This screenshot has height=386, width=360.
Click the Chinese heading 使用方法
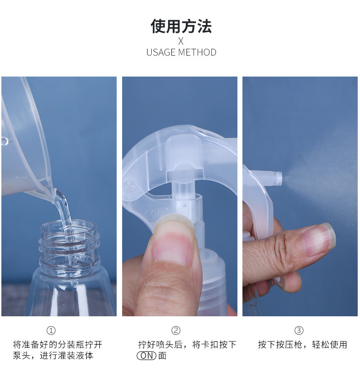181,26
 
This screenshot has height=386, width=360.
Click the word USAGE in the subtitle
161,52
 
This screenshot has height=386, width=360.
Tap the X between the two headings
181,41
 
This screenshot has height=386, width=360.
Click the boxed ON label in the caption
147,356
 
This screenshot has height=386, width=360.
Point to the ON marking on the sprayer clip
158,213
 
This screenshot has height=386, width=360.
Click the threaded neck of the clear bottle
69,246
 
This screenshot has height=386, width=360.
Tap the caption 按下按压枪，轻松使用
302,345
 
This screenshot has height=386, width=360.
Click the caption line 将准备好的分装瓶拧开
57,345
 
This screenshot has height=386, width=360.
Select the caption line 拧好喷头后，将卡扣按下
187,345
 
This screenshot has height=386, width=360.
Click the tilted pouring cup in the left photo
23,146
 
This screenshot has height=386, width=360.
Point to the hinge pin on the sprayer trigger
130,185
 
